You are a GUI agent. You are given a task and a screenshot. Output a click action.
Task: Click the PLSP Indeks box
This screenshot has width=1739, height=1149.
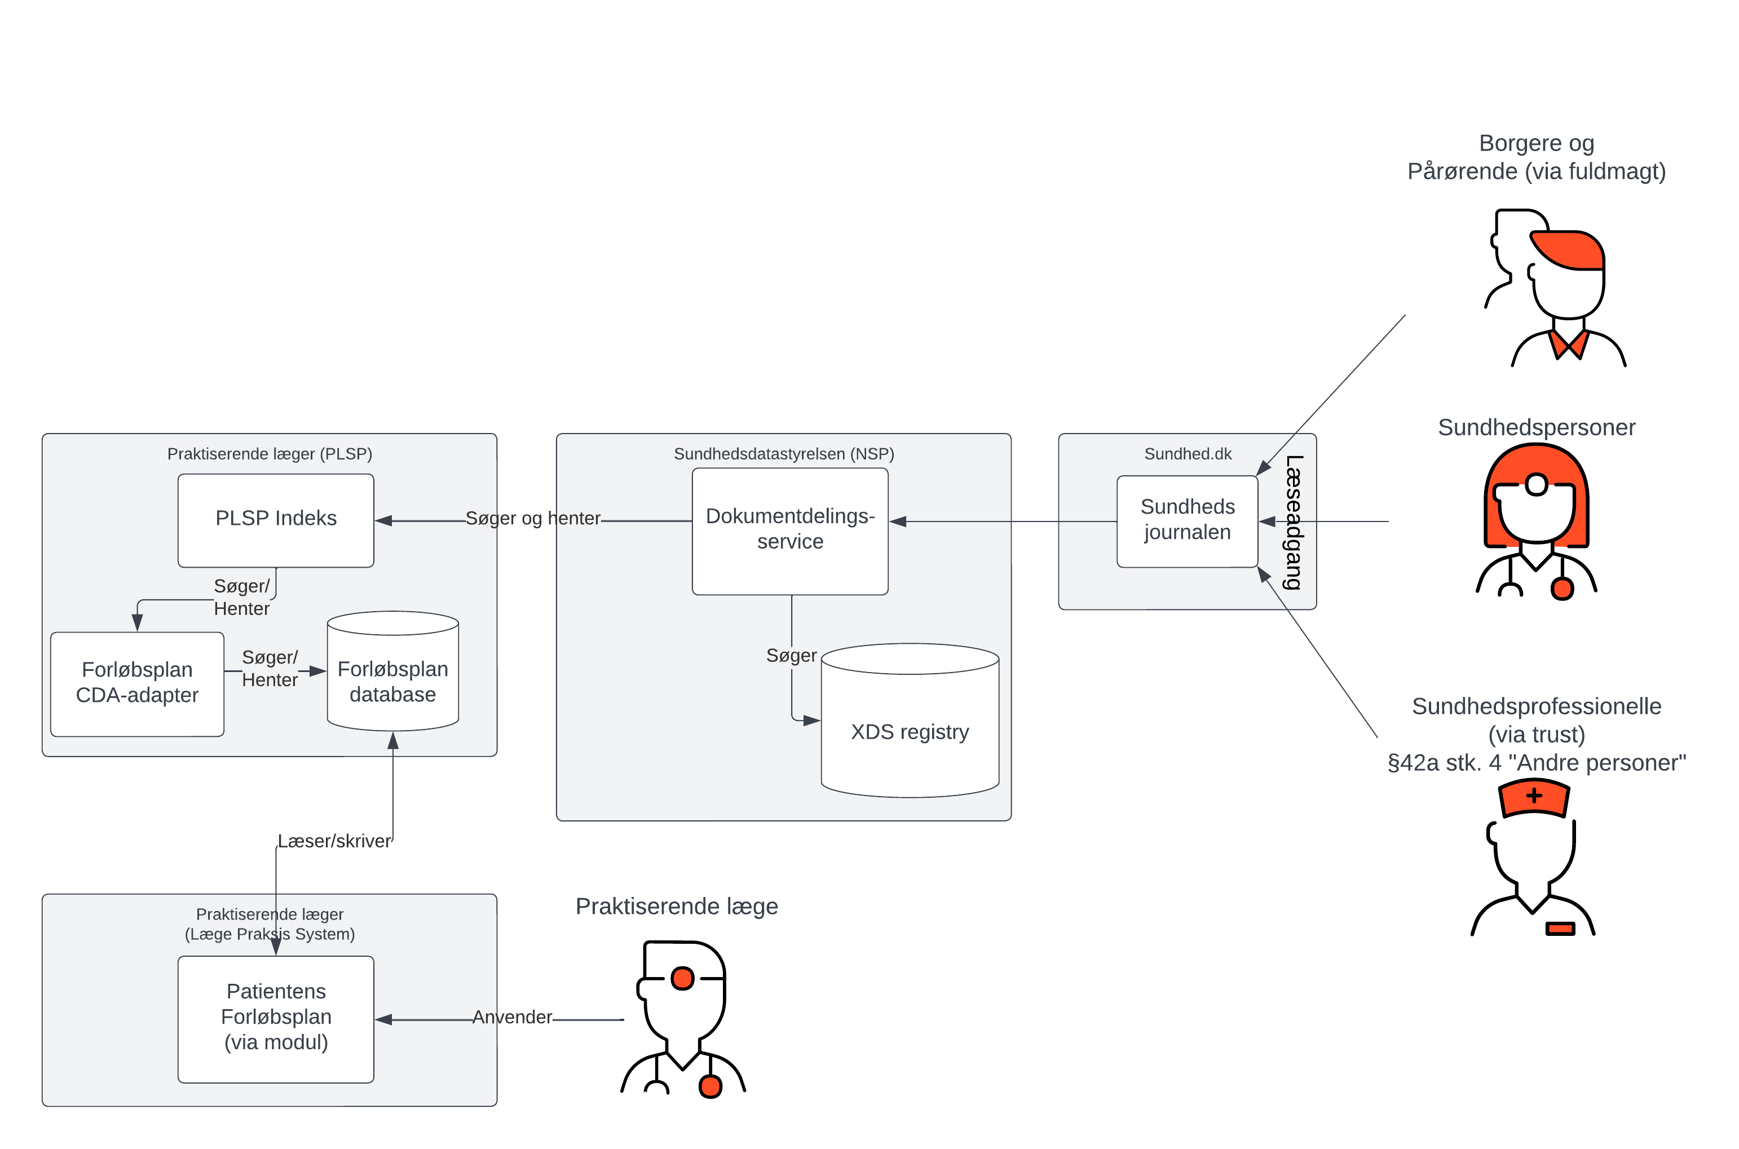276,519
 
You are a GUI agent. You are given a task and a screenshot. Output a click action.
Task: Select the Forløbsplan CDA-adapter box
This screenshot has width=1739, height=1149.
137,682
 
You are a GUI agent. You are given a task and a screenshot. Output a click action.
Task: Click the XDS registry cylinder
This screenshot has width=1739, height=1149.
910,731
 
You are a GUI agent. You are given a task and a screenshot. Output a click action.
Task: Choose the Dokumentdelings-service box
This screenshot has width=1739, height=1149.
790,529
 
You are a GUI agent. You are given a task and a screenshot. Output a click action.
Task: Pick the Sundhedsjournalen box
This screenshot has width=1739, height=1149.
1186,520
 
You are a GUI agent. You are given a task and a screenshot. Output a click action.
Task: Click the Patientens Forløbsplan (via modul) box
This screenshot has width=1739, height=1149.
276,1017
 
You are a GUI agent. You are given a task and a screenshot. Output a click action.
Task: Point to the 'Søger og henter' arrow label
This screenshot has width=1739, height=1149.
533,518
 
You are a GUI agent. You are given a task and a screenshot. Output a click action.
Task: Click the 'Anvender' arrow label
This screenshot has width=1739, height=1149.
511,1017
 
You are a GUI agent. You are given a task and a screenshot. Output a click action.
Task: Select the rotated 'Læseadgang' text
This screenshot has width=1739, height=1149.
1294,522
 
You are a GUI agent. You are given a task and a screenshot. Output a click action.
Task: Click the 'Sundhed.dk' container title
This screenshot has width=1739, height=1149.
1187,454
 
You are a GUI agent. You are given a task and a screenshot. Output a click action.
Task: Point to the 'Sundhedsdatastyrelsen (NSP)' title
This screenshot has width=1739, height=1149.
783,454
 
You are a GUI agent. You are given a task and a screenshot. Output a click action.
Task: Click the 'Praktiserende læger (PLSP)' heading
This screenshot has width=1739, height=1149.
270,454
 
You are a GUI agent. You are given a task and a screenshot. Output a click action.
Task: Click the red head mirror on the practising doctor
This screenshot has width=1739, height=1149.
682,978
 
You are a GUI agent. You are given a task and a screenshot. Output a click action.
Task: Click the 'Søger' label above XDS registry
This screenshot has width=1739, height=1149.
791,655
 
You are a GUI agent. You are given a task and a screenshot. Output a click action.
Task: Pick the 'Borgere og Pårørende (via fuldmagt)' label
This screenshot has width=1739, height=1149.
1536,157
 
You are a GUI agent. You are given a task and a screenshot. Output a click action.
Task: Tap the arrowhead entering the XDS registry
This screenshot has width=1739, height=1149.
811,721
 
